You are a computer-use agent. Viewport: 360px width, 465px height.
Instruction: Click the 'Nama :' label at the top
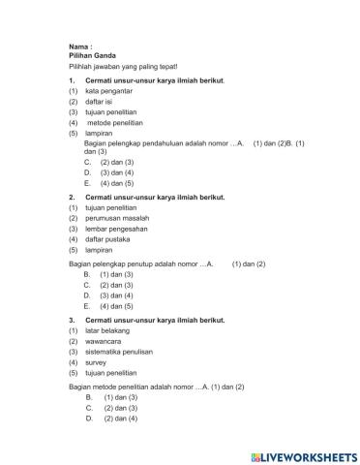point(79,47)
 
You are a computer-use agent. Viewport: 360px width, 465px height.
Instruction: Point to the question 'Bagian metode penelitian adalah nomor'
point(133,387)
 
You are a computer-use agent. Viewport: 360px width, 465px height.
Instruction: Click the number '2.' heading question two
point(72,197)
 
